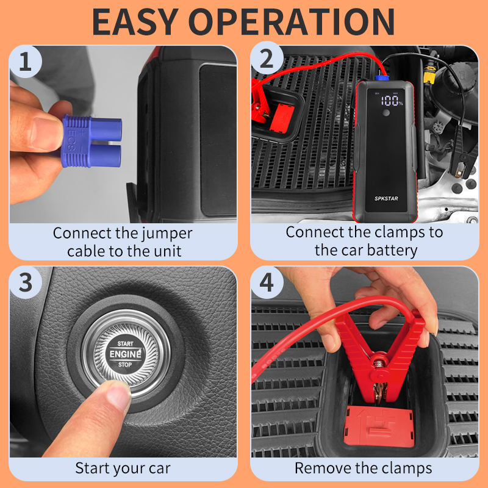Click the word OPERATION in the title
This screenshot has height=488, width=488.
(x=292, y=22)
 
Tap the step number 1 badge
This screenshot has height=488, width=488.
(x=25, y=62)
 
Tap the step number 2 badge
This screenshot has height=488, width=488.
(x=267, y=59)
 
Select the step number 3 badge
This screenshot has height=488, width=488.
(x=26, y=282)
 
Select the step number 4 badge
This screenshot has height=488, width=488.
(x=267, y=282)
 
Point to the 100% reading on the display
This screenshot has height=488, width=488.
(x=392, y=101)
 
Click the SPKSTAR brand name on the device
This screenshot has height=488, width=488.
(x=386, y=198)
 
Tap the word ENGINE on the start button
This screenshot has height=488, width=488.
(x=126, y=354)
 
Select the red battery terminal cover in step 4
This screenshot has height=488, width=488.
(x=379, y=426)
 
